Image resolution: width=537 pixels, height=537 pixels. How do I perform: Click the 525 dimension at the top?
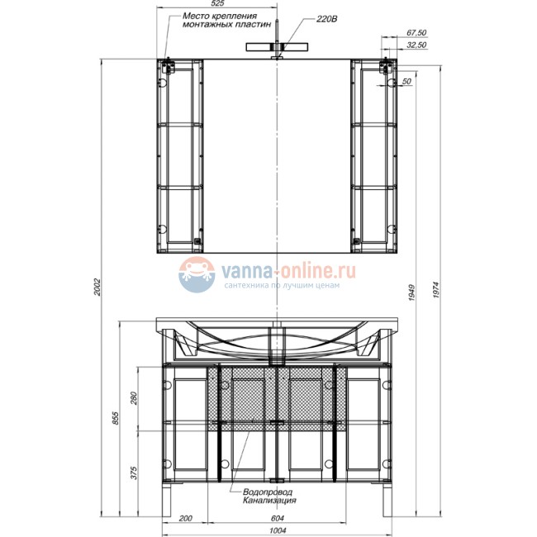218,3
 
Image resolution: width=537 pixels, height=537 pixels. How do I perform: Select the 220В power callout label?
326,19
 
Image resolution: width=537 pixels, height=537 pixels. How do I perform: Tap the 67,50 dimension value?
416,32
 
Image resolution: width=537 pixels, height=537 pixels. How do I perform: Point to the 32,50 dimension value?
416,45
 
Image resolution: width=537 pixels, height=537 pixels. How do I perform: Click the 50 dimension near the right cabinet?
406,82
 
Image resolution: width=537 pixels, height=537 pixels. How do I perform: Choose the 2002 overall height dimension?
97,287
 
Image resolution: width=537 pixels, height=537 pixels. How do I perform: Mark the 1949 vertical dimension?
411,292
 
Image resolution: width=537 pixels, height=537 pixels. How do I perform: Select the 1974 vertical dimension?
435,290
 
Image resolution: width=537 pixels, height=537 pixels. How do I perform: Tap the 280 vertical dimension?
134,398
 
